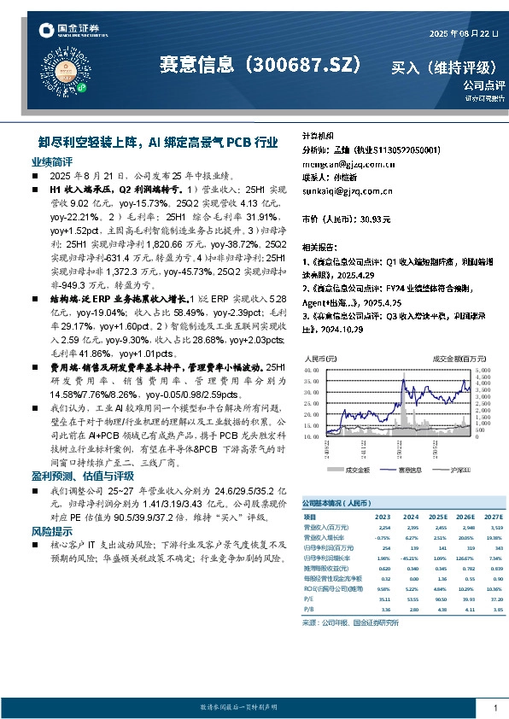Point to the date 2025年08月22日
click(x=460, y=33)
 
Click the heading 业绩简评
click(x=52, y=161)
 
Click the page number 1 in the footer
click(x=495, y=708)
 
